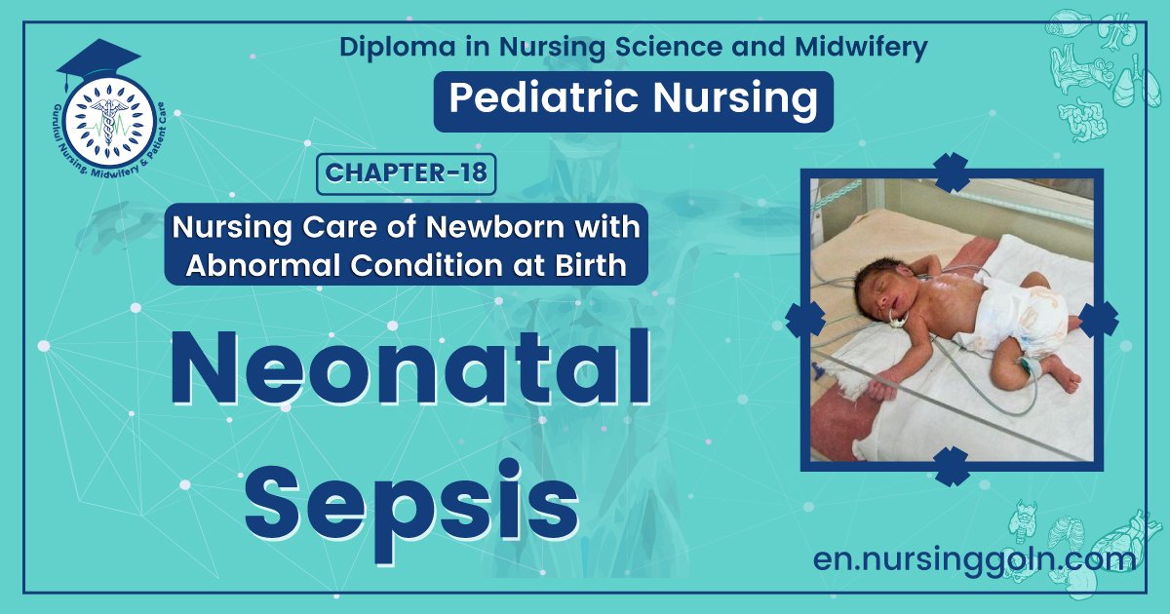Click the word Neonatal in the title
point(410,369)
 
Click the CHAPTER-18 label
point(407,173)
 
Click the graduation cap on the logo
point(97,60)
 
